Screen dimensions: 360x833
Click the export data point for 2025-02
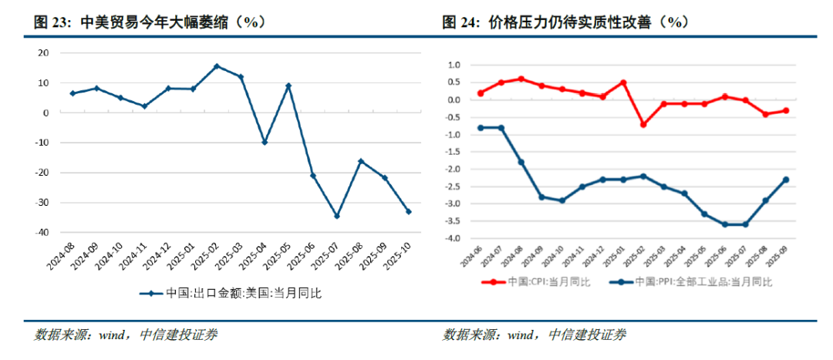[217, 66]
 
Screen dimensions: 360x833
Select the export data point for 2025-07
[337, 216]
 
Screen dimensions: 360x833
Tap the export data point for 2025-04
[265, 143]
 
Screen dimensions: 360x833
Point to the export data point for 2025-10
[409, 211]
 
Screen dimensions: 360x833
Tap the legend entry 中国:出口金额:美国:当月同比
[231, 293]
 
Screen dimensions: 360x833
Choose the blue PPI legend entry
[690, 282]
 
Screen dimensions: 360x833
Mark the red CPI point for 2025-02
[643, 124]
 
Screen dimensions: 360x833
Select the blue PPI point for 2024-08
[521, 162]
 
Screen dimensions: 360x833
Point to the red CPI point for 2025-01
[623, 82]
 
